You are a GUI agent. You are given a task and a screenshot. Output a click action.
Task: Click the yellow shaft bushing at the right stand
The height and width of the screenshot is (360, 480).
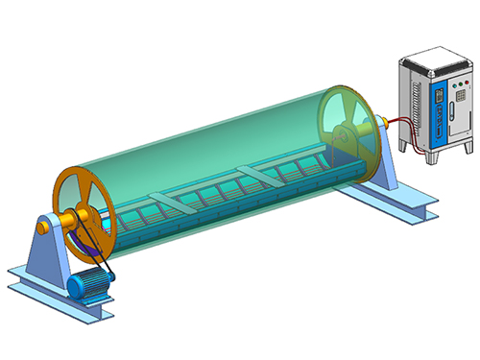coord(382,122)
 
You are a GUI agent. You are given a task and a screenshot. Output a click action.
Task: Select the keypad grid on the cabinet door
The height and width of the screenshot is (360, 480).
coord(460,100)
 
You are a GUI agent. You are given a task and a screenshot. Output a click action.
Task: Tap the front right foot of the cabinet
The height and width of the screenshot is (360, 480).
coord(464,153)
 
